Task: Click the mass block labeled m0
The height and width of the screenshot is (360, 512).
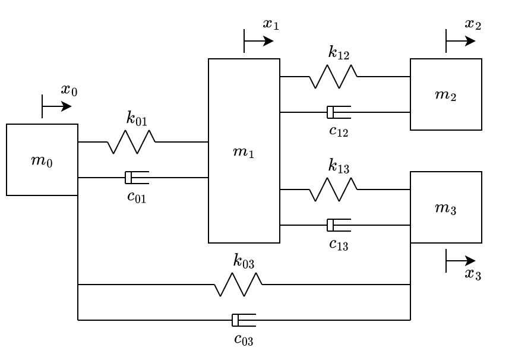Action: coord(42,160)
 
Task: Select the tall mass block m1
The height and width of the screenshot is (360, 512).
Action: coord(244,151)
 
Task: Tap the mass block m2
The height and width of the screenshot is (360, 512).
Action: coord(445,94)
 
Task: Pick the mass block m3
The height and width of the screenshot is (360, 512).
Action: coord(445,207)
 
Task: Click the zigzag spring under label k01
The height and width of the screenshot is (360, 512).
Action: coord(131,142)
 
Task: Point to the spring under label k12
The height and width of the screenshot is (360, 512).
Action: coord(333,77)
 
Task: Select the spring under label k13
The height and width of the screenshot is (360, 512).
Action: coord(333,190)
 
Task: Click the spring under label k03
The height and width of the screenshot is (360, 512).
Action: coord(238,285)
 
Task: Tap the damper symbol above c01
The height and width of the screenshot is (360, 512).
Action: coord(136,178)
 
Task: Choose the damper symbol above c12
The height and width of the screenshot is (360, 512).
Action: coord(338,112)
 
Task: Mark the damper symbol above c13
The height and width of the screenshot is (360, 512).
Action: coord(338,225)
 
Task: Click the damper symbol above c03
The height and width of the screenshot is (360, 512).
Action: coord(243,320)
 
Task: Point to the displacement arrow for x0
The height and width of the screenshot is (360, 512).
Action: coord(56,106)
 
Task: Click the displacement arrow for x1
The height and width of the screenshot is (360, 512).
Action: coord(258,41)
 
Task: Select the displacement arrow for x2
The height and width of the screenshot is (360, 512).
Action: coord(460,41)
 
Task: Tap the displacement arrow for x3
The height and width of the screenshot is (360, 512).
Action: coord(460,261)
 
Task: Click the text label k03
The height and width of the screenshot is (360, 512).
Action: coord(244,261)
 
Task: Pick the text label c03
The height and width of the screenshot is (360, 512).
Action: coord(244,340)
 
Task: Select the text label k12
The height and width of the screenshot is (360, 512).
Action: coord(339,53)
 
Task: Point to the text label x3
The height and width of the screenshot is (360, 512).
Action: coord(473,274)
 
